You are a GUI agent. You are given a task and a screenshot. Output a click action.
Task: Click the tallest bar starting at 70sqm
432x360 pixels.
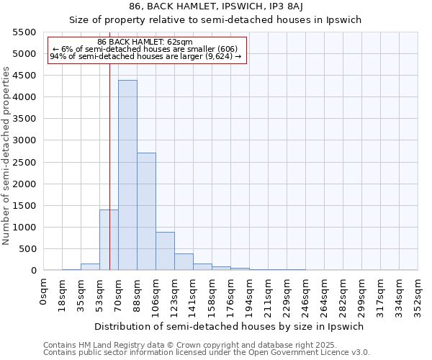coord(127,175)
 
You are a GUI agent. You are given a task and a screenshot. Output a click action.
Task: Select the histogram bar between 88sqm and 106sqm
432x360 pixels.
coord(146,212)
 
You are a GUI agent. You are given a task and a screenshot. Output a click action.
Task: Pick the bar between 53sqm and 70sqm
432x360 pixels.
coord(109,240)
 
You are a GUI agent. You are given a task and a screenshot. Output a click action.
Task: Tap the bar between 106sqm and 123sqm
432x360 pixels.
coord(165,251)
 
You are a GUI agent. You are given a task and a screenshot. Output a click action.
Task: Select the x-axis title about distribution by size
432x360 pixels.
coord(230,326)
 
